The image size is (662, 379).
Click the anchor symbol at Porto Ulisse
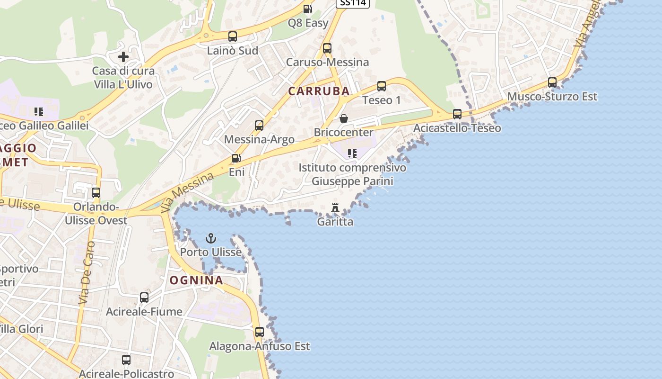pyautogui.click(x=211, y=238)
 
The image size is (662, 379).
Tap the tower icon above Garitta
pyautogui.click(x=335, y=207)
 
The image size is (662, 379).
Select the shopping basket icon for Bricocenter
pyautogui.click(x=344, y=118)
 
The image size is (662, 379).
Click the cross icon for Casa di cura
pyautogui.click(x=123, y=57)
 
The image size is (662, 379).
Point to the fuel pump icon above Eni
pyautogui.click(x=236, y=158)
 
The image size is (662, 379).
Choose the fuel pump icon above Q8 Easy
pyautogui.click(x=307, y=9)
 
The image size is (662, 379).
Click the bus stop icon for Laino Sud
pyautogui.click(x=233, y=36)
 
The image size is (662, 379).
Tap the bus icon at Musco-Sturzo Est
pyautogui.click(x=552, y=82)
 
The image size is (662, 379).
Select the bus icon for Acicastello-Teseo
pyautogui.click(x=457, y=114)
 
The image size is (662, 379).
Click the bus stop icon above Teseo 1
pyautogui.click(x=382, y=86)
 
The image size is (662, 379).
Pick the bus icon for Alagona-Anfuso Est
pyautogui.click(x=259, y=332)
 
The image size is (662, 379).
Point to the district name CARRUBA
pyautogui.click(x=319, y=91)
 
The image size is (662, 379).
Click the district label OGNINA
pyautogui.click(x=196, y=280)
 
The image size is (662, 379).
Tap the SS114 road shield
pyautogui.click(x=352, y=3)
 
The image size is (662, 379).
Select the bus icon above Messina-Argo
pyautogui.click(x=259, y=126)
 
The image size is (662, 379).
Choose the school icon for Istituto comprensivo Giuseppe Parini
pyautogui.click(x=352, y=153)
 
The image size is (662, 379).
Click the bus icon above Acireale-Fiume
pyautogui.click(x=144, y=298)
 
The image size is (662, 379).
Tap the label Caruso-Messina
pyautogui.click(x=327, y=62)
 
